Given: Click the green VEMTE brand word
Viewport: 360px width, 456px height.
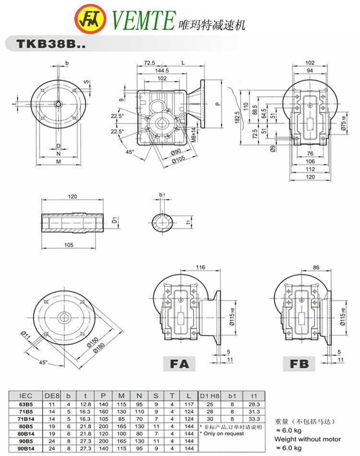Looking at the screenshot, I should tap(142, 21).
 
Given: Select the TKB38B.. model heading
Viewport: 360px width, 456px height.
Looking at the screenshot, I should tap(49, 44).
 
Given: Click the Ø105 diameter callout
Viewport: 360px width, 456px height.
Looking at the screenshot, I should tap(178, 159).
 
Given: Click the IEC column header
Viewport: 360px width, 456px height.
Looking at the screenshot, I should tap(26, 396).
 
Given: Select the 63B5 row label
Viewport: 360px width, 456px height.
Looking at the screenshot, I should tap(26, 404).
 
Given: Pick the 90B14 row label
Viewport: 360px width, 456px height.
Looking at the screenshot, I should tap(26, 448).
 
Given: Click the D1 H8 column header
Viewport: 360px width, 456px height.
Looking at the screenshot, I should tap(209, 396).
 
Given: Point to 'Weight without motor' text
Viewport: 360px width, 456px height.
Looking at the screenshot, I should tap(307, 439).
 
